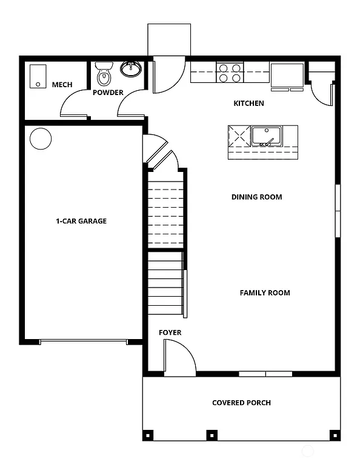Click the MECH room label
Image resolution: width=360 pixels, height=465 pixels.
tap(62, 85)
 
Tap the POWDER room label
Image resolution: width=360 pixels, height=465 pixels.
tap(108, 93)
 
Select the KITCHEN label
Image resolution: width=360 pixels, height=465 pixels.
tap(248, 104)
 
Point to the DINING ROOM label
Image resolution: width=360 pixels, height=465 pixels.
tap(256, 197)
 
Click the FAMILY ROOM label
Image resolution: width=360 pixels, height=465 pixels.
tap(265, 293)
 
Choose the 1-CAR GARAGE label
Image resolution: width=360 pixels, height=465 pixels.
tap(81, 221)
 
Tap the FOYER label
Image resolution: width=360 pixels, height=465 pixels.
tap(170, 333)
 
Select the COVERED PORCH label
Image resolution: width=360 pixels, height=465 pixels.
tap(241, 403)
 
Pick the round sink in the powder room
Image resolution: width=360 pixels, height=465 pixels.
tap(130, 69)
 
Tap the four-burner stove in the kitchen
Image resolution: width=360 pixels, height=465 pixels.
tap(229, 73)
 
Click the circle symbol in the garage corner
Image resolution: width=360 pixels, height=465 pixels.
tap(41, 139)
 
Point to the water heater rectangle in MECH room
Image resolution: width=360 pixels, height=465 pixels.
tap(38, 76)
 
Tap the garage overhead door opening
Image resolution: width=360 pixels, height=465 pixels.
tap(83, 342)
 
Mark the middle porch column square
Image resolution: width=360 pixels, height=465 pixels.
tap(212, 434)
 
